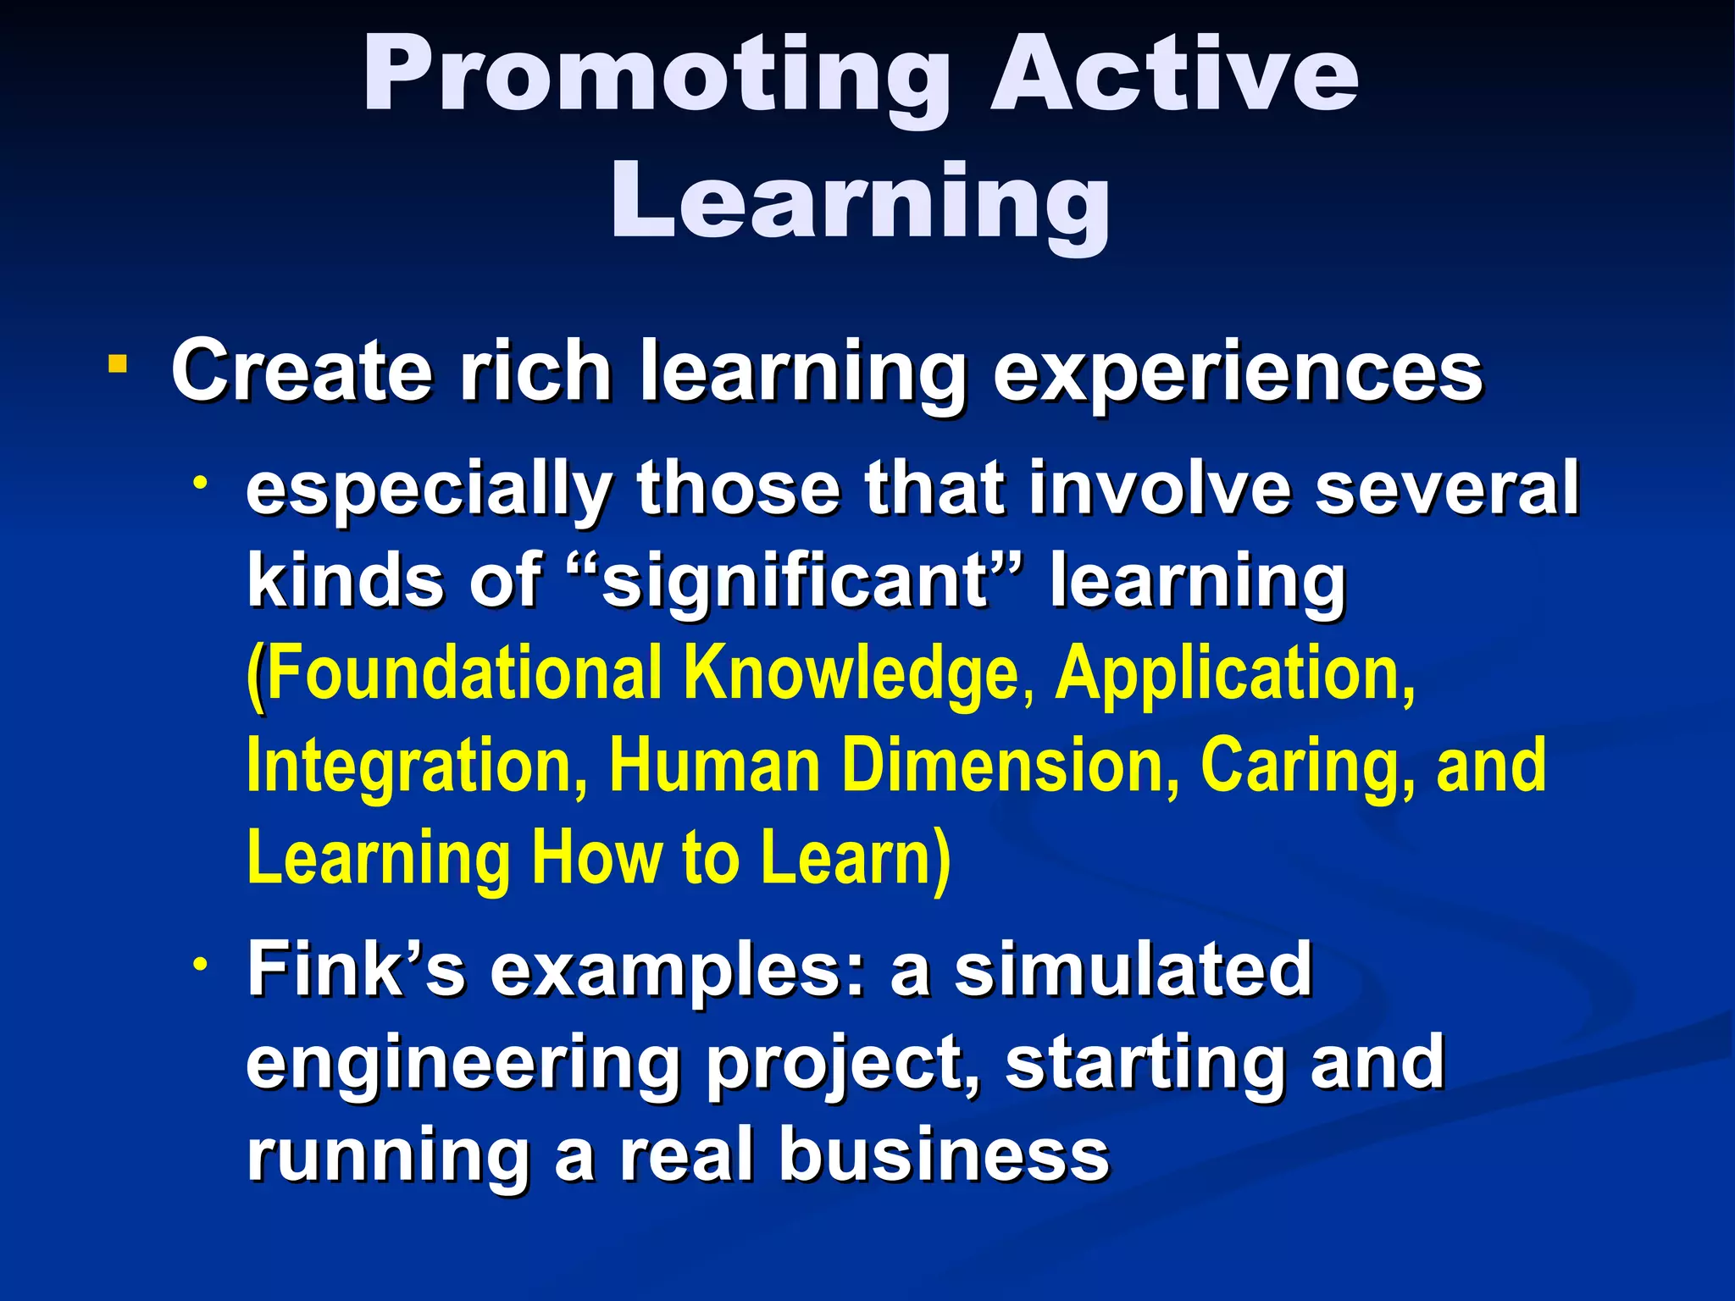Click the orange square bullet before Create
pyautogui.click(x=118, y=365)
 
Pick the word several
pyautogui.click(x=1447, y=489)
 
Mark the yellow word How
pyautogui.click(x=597, y=857)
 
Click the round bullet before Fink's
pyautogui.click(x=200, y=965)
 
